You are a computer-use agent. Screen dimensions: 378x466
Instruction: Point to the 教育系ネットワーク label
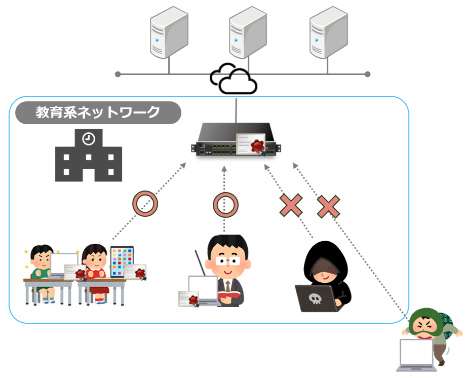click(98, 112)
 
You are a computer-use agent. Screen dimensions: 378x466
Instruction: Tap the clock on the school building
click(89, 137)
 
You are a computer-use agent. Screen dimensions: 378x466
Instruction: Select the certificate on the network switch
click(252, 144)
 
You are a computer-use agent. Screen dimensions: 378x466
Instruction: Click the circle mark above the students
click(145, 203)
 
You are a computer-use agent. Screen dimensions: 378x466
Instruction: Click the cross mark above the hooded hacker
click(291, 205)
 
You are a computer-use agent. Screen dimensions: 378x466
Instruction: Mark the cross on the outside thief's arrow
click(328, 205)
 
